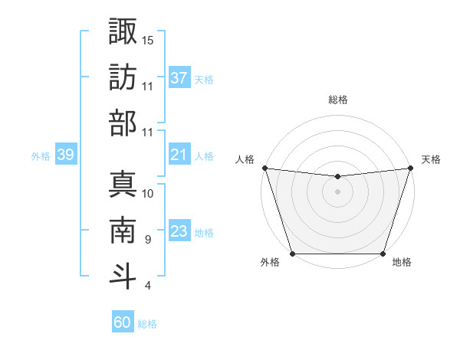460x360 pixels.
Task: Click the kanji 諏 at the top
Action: pyautogui.click(x=123, y=32)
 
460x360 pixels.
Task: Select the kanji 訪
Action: pyautogui.click(x=123, y=78)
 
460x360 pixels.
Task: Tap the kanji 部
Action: pyautogui.click(x=123, y=123)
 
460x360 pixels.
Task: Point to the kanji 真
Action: pyautogui.click(x=123, y=185)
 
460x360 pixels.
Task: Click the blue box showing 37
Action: pyautogui.click(x=179, y=78)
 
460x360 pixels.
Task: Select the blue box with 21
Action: pyautogui.click(x=179, y=155)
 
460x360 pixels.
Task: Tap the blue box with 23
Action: pyautogui.click(x=179, y=231)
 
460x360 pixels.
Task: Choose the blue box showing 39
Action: pyautogui.click(x=65, y=155)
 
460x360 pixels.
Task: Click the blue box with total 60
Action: pyautogui.click(x=123, y=322)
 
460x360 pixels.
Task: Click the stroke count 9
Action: pyautogui.click(x=147, y=240)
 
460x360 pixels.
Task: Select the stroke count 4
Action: pyautogui.click(x=147, y=286)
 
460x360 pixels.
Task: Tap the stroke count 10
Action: pyautogui.click(x=148, y=193)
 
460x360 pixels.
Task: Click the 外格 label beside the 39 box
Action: pyautogui.click(x=41, y=155)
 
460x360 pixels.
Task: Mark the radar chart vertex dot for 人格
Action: pyautogui.click(x=264, y=168)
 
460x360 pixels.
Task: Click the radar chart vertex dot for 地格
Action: pyautogui.click(x=383, y=254)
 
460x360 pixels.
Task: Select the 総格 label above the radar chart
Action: pyautogui.click(x=338, y=100)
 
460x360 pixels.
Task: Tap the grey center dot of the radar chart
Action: pyautogui.click(x=337, y=191)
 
